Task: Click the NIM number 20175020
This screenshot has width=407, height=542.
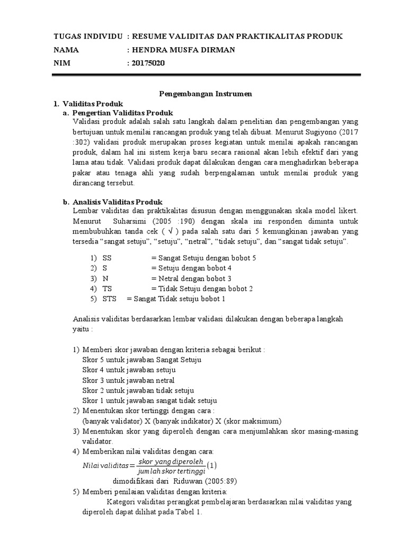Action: [x=148, y=63]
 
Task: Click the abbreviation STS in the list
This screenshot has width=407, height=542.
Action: [x=110, y=299]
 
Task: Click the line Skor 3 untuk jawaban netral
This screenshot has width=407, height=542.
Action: [x=128, y=380]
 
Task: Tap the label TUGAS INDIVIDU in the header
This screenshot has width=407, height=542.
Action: [x=88, y=36]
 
